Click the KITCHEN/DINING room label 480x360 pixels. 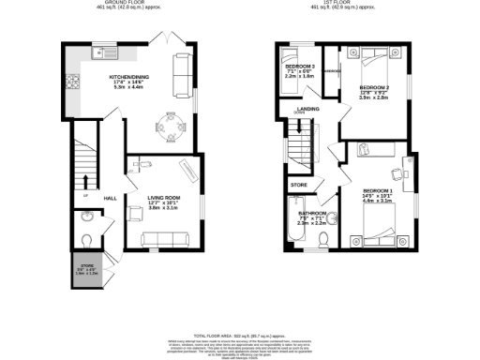coord(128,78)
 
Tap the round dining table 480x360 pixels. coord(169,127)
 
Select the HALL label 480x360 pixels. coord(110,198)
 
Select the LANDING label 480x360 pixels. coord(305,108)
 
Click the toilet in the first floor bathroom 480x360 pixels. coord(322,244)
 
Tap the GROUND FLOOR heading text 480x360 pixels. coord(124,5)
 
